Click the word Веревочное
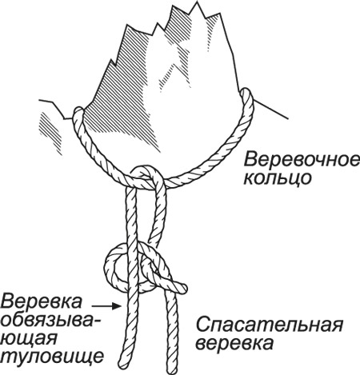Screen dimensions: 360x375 (x=302, y=160)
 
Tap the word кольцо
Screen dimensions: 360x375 (x=278, y=178)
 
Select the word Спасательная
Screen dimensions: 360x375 (x=269, y=325)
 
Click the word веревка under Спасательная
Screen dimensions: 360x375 (x=234, y=343)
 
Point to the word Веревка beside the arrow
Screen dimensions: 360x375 (x=42, y=301)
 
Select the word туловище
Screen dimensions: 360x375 (x=52, y=357)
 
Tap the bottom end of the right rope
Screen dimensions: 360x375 (x=173, y=369)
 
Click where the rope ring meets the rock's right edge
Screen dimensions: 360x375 (x=246, y=94)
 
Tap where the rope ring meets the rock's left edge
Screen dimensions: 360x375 (x=78, y=112)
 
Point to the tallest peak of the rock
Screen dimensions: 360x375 (x=198, y=2)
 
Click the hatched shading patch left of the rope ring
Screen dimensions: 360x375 (x=50, y=133)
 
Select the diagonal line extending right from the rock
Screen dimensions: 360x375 (x=270, y=109)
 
